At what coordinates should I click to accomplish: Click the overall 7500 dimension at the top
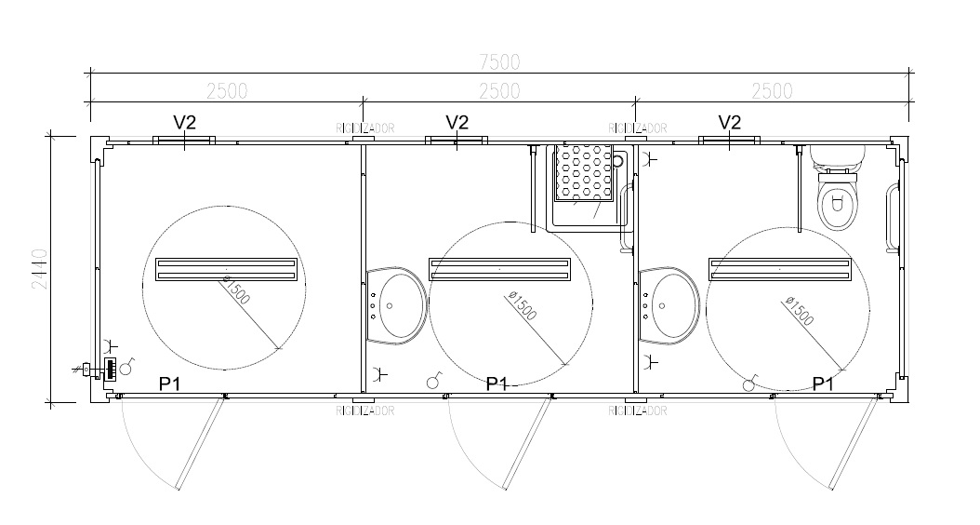(499, 61)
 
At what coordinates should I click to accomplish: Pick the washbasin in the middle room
(397, 305)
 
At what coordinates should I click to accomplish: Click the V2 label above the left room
(185, 122)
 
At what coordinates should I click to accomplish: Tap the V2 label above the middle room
(457, 122)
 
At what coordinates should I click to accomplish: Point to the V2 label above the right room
(730, 122)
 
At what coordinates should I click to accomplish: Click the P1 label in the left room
(170, 384)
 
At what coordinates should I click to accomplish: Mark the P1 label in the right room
(823, 384)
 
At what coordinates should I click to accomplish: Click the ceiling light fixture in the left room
(226, 269)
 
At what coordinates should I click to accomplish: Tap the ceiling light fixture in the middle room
(499, 269)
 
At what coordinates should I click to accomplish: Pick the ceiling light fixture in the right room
(780, 269)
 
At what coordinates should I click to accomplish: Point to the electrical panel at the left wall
(110, 369)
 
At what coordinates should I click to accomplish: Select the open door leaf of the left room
(201, 442)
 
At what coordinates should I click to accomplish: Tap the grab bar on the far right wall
(894, 218)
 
